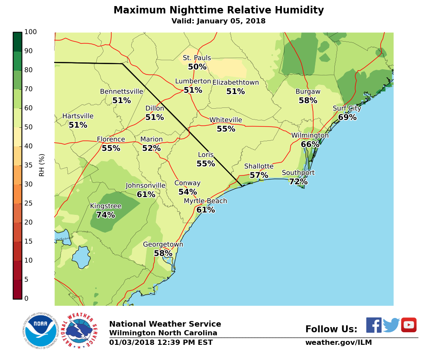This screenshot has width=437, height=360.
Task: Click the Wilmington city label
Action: [x=310, y=136]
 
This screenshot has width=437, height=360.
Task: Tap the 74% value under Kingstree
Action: [x=106, y=215]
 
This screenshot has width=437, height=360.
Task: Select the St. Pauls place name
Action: [x=197, y=58]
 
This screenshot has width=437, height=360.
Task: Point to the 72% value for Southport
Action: [x=298, y=182]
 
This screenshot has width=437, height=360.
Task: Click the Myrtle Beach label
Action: [x=205, y=201]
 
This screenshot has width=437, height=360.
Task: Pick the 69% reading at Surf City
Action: [x=347, y=117]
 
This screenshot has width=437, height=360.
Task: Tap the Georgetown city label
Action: [x=163, y=244]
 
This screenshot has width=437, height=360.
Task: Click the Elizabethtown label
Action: [x=236, y=82]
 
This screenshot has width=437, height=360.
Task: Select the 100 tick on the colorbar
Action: [x=30, y=32]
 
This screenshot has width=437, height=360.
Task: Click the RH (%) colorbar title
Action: [x=42, y=165]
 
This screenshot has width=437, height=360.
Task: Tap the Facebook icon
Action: [x=374, y=325]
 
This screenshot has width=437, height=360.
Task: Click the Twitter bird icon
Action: [x=391, y=325]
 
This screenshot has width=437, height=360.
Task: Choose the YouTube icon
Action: [x=408, y=325]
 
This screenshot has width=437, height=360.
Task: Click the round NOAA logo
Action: [x=41, y=331]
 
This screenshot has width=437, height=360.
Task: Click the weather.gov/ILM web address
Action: [x=338, y=343]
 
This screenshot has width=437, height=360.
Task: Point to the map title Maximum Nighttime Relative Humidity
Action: [x=218, y=10]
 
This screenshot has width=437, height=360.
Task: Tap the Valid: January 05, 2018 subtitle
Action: [x=218, y=21]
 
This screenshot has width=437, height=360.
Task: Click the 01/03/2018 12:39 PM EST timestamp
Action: [x=161, y=343]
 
